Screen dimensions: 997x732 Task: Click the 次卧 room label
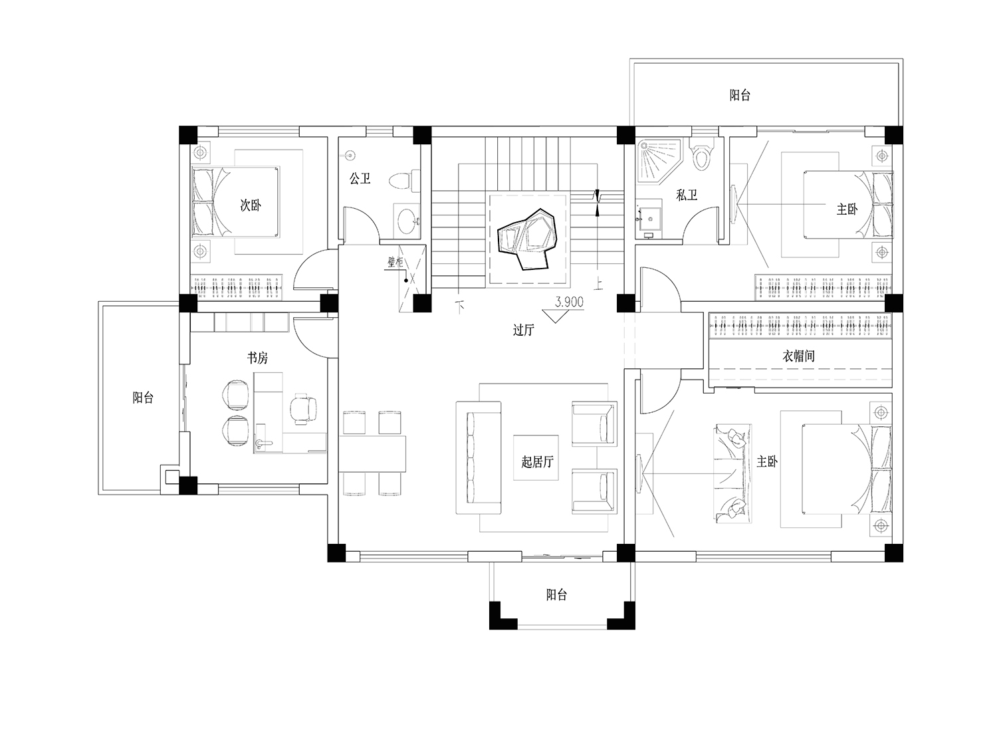pos(251,205)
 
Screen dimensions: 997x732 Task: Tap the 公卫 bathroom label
pos(360,179)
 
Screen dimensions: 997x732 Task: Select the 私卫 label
pos(687,195)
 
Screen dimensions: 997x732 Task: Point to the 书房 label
pos(258,358)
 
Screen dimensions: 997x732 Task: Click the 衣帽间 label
pos(798,356)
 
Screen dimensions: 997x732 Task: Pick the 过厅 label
pos(524,330)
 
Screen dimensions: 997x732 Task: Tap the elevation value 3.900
pos(569,302)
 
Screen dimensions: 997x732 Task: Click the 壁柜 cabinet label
pos(395,262)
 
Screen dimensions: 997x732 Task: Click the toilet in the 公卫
pos(404,181)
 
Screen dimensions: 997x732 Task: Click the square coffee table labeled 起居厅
pos(536,457)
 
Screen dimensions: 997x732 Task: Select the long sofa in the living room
pos(479,457)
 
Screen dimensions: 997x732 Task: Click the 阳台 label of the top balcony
pos(740,95)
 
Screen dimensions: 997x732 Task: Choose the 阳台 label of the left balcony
pos(143,398)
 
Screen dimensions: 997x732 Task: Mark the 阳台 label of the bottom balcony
pos(557,594)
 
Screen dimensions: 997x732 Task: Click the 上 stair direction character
pos(599,284)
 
